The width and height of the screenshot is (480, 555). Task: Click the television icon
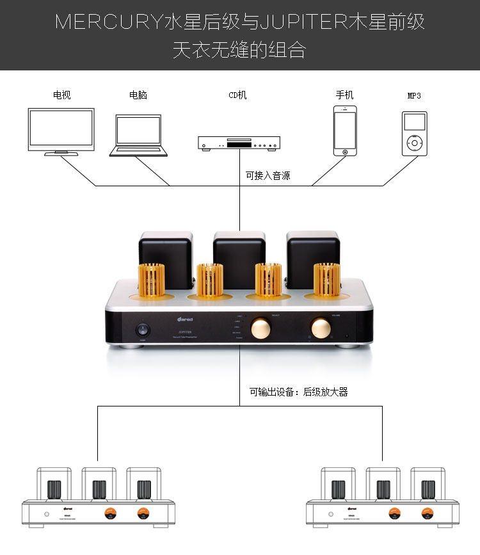[61, 131]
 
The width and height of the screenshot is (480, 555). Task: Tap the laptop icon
[138, 134]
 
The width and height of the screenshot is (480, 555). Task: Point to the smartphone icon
[344, 131]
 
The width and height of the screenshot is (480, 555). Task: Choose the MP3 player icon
[414, 133]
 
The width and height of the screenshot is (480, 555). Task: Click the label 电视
[61, 95]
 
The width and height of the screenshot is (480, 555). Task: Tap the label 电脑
[138, 95]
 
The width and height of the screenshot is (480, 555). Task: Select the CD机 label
[237, 95]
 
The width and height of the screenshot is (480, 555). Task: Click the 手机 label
[344, 95]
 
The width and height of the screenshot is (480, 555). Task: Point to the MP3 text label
[414, 95]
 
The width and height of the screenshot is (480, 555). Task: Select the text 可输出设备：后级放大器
[298, 392]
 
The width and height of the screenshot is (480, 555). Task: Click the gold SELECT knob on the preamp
[261, 328]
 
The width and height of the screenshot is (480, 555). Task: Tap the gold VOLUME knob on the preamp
[321, 328]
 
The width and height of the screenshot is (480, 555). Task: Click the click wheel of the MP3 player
[414, 142]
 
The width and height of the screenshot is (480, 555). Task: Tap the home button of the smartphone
[344, 152]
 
